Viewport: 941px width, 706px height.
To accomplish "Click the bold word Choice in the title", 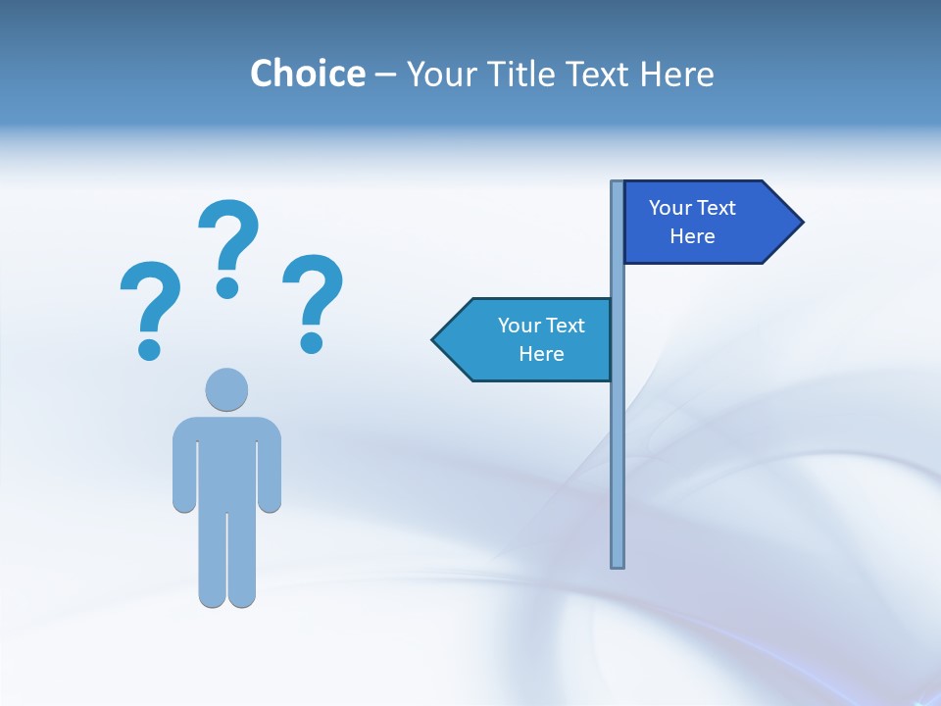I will click(307, 74).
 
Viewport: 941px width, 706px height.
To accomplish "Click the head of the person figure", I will click(226, 389).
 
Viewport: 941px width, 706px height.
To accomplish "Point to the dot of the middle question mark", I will click(227, 286).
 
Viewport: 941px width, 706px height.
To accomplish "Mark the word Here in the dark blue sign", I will click(692, 236).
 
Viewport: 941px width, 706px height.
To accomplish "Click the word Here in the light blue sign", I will click(541, 354).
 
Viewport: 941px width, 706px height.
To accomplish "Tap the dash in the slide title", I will click(385, 75).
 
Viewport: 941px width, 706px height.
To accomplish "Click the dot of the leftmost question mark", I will click(149, 348).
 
